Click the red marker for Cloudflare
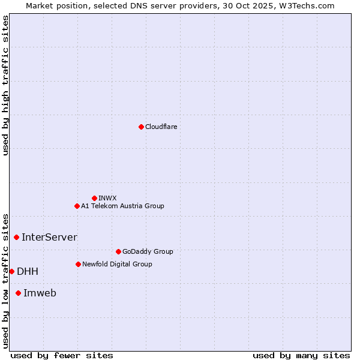pyautogui.click(x=141, y=127)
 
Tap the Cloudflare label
pyautogui.click(x=161, y=127)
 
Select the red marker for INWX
pyautogui.click(x=94, y=198)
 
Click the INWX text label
pyautogui.click(x=107, y=198)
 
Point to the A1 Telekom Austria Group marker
pyautogui.click(x=77, y=206)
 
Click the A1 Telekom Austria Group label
pyautogui.click(x=122, y=206)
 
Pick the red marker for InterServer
pyautogui.click(x=16, y=237)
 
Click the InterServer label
pyautogui.click(x=49, y=237)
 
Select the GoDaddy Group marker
pyautogui.click(x=118, y=251)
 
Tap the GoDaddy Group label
pyautogui.click(x=148, y=251)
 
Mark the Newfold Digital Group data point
pyautogui.click(x=78, y=264)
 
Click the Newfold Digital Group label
pyautogui.click(x=117, y=264)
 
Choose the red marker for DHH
pyautogui.click(x=11, y=271)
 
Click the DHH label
pyautogui.click(x=28, y=271)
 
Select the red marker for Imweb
pyautogui.click(x=18, y=293)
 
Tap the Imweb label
pyautogui.click(x=40, y=293)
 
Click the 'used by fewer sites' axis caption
pyautogui.click(x=62, y=355)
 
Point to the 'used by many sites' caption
pyautogui.click(x=301, y=355)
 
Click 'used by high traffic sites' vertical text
pyautogui.click(x=5, y=85)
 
